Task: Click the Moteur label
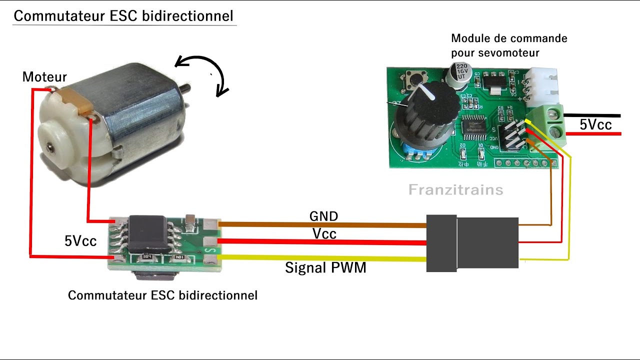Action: (x=44, y=77)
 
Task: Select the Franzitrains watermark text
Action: (x=455, y=190)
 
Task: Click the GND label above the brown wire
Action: (x=323, y=216)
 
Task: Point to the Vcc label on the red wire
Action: (x=324, y=233)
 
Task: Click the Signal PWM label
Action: (x=325, y=268)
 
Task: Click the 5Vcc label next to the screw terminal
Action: (x=595, y=124)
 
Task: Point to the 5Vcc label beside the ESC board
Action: (x=80, y=241)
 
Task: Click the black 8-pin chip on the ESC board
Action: (x=154, y=233)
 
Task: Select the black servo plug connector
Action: (x=472, y=243)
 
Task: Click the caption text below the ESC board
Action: (x=162, y=295)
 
